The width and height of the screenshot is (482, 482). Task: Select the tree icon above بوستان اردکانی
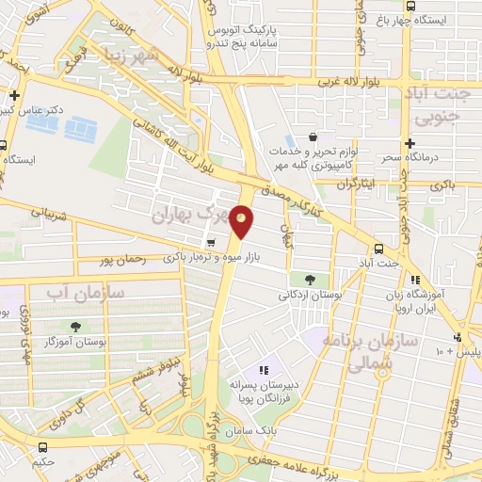click(310, 280)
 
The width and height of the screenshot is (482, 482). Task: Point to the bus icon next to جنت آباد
click(378, 249)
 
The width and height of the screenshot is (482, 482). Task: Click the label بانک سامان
click(252, 429)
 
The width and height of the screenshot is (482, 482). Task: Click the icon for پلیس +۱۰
click(458, 336)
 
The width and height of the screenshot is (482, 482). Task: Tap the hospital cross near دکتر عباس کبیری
click(14, 95)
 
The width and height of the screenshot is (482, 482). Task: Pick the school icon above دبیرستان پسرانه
click(265, 370)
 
